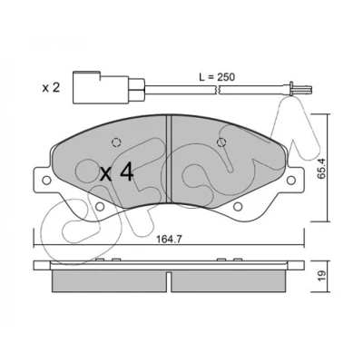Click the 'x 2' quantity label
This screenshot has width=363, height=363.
(51, 88)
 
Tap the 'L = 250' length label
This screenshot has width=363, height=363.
(217, 77)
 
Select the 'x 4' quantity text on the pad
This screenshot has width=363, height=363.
(117, 172)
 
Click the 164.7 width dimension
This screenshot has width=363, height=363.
(169, 240)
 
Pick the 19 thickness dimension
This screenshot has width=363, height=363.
(322, 275)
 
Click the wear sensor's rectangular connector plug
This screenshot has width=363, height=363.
(102, 87)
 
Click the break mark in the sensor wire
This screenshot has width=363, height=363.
(217, 90)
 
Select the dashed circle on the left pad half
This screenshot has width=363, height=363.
(116, 142)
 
